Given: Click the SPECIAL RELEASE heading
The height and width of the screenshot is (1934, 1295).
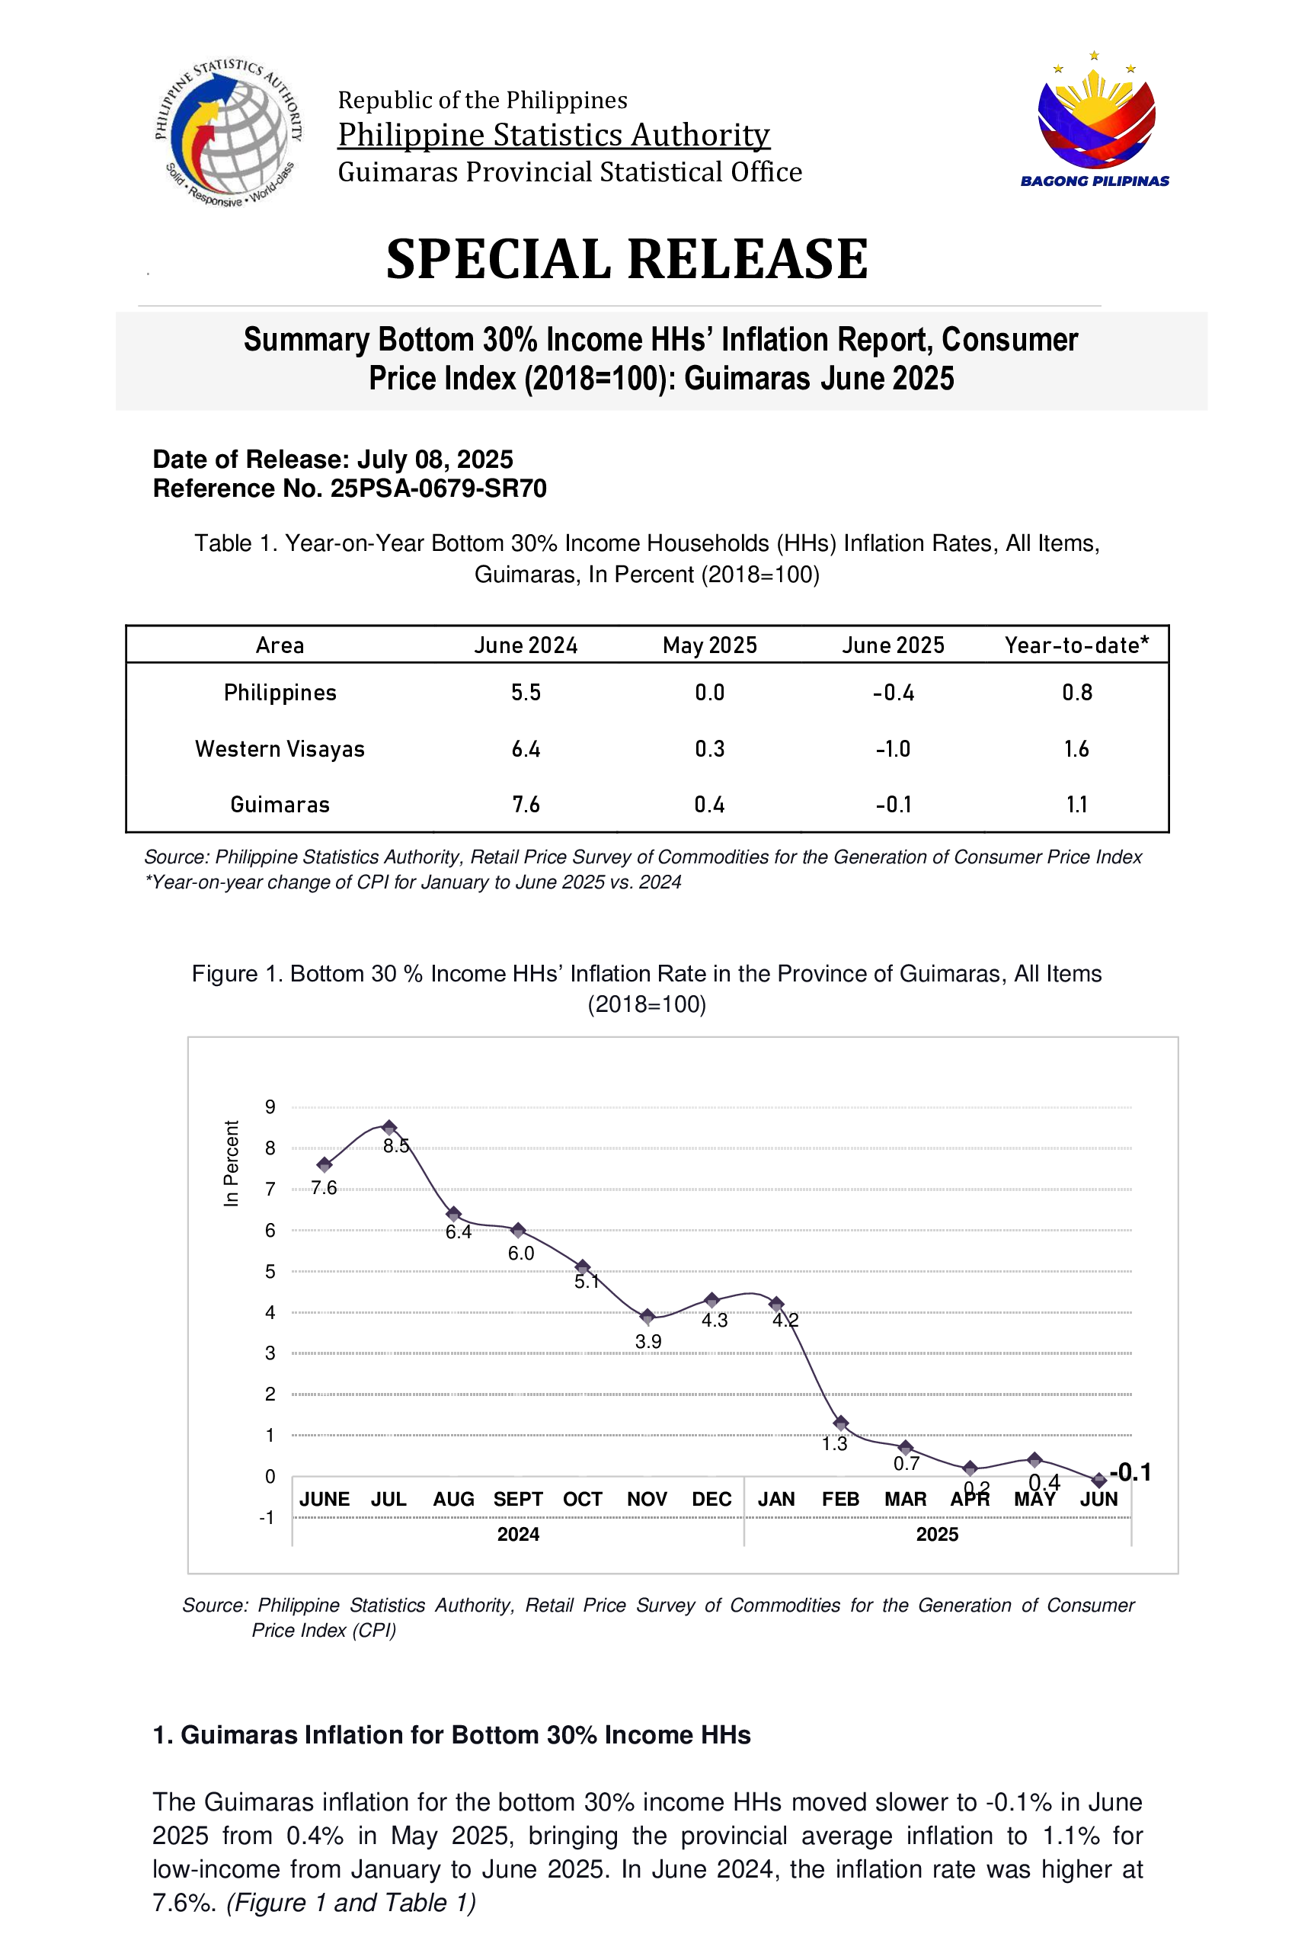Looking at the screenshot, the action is coord(627,258).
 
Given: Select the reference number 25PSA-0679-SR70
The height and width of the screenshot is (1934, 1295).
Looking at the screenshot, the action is coord(438,488).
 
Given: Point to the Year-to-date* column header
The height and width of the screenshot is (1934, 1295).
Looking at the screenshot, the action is coord(1076,645).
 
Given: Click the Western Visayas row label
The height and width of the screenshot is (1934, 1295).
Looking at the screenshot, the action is coord(280,748).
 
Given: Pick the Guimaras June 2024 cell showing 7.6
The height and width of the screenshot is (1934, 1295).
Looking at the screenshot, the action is coord(526,804).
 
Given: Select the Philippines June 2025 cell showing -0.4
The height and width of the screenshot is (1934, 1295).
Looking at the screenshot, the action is coord(893,693).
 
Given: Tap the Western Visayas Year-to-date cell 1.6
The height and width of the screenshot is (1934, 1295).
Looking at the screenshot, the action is coord(1076,748).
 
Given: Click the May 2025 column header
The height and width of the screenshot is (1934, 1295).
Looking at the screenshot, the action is coord(709,645).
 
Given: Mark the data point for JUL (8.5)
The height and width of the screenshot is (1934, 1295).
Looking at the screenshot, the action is coord(389,1128).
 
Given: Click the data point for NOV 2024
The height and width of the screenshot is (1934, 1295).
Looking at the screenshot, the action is coord(647,1316).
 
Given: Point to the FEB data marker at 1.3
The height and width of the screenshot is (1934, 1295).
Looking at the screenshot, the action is coord(841,1423).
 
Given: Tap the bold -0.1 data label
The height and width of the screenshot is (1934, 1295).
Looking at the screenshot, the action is coord(1130,1471).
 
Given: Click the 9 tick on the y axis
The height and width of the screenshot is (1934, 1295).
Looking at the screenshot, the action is coord(270,1107).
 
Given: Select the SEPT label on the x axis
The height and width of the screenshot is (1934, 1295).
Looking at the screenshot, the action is coord(518,1499).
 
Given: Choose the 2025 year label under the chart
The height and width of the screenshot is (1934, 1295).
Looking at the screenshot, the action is coord(938,1534).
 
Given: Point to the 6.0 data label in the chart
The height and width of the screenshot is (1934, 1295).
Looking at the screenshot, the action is coord(521,1254).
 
